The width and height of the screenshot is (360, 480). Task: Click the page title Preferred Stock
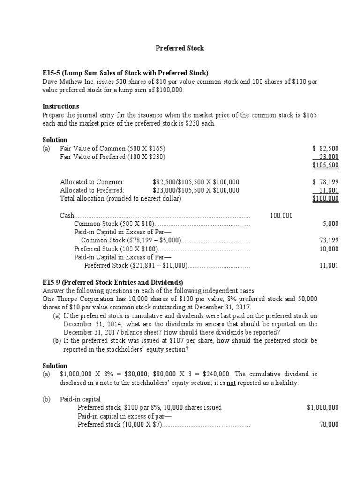click(180, 48)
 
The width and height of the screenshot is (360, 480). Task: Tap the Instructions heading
click(60, 106)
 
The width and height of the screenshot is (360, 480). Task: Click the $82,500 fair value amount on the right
click(325, 149)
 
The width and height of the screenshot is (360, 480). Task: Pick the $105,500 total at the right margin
click(325, 165)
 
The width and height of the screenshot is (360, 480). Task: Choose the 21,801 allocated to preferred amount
click(328, 190)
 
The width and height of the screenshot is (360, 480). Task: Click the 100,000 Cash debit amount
click(281, 216)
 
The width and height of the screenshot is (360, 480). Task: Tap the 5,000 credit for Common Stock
click(330, 224)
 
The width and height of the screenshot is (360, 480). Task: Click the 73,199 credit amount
click(329, 240)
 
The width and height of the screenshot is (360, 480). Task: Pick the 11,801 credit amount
click(329, 266)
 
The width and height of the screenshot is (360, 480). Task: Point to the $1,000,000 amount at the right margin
click(322, 408)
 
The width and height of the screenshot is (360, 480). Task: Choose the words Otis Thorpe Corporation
click(79, 299)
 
